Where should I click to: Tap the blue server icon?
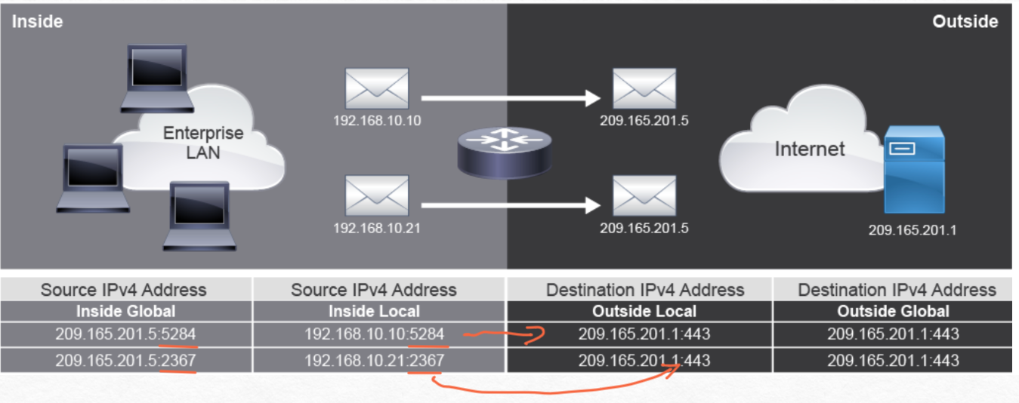pyautogui.click(x=915, y=171)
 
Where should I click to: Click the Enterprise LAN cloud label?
pyautogui.click(x=203, y=141)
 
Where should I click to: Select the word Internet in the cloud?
pyautogui.click(x=809, y=149)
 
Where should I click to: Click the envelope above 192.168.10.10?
pyautogui.click(x=377, y=89)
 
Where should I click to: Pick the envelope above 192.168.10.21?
pyautogui.click(x=377, y=195)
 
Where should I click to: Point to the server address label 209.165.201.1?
pyautogui.click(x=912, y=230)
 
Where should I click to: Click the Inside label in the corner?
pyautogui.click(x=37, y=21)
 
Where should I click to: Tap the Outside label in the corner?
pyautogui.click(x=965, y=21)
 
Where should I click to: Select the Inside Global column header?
pyautogui.click(x=125, y=311)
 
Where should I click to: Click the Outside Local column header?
pyautogui.click(x=644, y=311)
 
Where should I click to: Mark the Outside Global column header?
pyautogui.click(x=893, y=311)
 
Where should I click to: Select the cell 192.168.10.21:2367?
pyautogui.click(x=374, y=361)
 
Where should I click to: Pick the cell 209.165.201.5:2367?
pyautogui.click(x=125, y=361)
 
